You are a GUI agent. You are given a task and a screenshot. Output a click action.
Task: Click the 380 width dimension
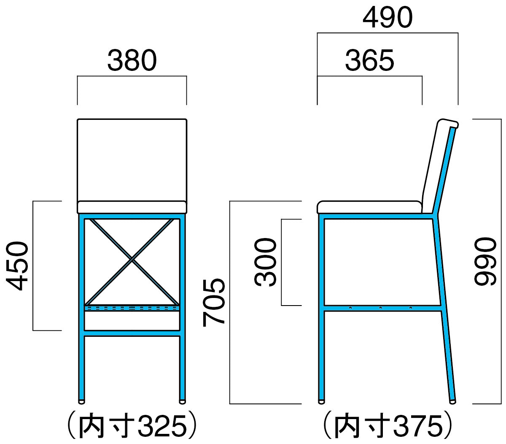click(132, 60)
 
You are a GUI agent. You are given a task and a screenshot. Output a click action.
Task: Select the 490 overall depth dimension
click(388, 17)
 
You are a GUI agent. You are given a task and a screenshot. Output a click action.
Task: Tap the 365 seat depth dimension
click(369, 60)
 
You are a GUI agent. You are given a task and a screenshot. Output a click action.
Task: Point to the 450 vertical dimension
click(17, 265)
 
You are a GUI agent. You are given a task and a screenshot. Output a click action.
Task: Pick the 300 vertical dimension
click(265, 262)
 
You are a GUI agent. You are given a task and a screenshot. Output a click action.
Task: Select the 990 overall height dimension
click(485, 262)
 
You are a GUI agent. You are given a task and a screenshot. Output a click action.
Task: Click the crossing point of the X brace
click(132, 259)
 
